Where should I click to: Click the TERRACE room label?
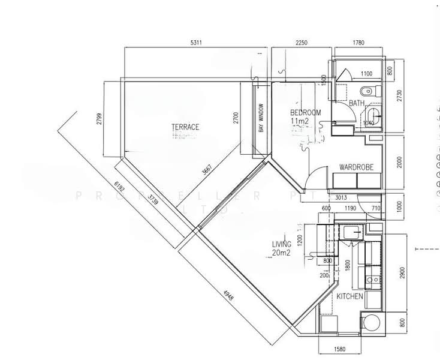(185, 127)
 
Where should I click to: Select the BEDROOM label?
(305, 112)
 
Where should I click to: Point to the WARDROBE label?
(357, 167)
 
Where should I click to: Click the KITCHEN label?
(349, 297)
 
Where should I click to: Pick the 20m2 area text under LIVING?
(282, 253)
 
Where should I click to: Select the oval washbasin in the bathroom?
(373, 115)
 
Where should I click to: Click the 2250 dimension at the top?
(301, 43)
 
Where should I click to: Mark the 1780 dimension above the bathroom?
(358, 43)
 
